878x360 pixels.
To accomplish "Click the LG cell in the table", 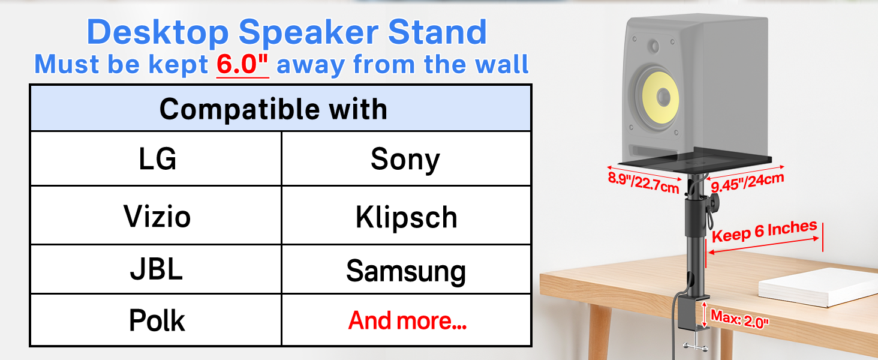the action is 156,158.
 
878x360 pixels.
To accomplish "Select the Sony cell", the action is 406,158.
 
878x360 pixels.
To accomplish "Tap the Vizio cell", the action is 156,215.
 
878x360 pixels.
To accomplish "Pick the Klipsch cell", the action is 406,215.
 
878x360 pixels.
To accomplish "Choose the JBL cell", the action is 156,269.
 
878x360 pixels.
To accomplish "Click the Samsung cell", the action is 406,269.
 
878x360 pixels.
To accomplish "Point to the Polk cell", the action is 156,320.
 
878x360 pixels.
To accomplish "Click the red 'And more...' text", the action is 407,320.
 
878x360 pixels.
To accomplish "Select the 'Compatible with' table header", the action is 281,108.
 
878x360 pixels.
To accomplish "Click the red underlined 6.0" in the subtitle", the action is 243,64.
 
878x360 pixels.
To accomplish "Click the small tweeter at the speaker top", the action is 653,46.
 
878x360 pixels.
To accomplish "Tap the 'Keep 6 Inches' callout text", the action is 764,231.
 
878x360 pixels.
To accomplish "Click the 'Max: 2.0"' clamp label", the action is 739,319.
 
